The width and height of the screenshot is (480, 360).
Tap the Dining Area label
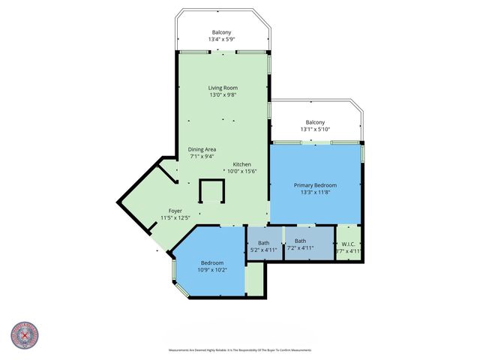coord(202,149)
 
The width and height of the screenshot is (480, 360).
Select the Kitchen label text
coord(241,164)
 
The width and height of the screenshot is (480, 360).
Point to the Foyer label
coord(175,211)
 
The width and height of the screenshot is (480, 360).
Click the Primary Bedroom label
coord(315,185)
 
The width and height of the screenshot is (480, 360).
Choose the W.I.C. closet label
coord(348,243)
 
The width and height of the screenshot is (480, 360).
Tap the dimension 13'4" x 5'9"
coord(221,39)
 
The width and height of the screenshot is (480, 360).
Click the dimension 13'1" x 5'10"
coord(315,129)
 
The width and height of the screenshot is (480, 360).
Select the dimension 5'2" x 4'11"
coord(264,250)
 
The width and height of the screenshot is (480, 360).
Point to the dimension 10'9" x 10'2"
coord(211,270)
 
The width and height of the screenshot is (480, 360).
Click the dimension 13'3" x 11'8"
coord(315,192)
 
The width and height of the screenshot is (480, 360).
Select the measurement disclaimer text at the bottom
coord(240,349)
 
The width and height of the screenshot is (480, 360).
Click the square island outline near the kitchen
coord(211,193)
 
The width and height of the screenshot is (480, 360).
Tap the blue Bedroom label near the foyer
coord(211,263)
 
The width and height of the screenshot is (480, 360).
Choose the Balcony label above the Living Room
coord(221,32)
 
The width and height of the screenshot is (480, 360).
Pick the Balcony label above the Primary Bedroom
coord(315,122)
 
